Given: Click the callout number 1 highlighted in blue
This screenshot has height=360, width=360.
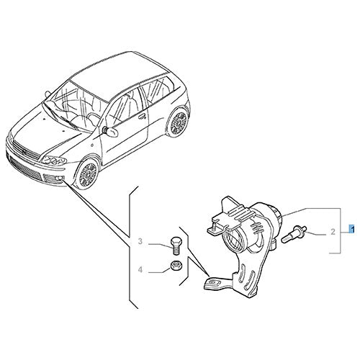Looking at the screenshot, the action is pos(352,229).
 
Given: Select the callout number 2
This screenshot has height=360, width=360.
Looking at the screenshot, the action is pos(333,232).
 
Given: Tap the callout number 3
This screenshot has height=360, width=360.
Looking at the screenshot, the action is pos(140,241).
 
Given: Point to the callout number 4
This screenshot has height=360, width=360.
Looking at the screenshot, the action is pos(140,270).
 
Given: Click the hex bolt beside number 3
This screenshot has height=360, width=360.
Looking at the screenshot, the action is pos(175,246).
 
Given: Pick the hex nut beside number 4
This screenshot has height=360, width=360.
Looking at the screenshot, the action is pos(176,265).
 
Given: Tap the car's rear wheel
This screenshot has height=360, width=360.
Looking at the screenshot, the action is pos(178,122).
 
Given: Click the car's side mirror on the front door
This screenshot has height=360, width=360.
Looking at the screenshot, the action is pos(110,131).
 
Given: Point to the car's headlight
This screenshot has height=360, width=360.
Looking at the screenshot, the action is pos(54,161).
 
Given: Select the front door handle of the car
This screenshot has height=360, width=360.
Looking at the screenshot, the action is pos(143,117).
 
